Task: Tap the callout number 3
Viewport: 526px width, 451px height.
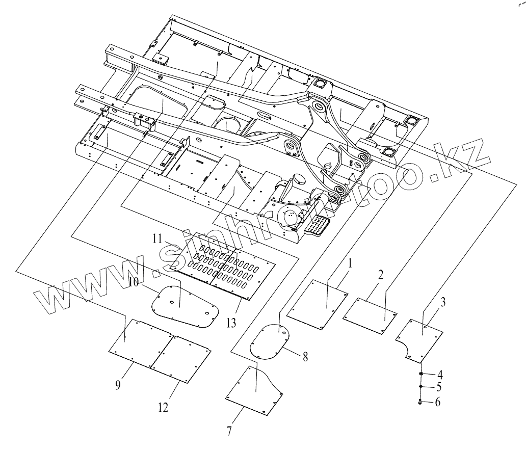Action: pos(443,302)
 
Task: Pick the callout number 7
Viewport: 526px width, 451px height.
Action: pos(229,431)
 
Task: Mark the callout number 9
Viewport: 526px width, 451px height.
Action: pos(118,385)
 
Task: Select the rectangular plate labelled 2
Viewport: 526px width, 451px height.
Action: pos(371,316)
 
